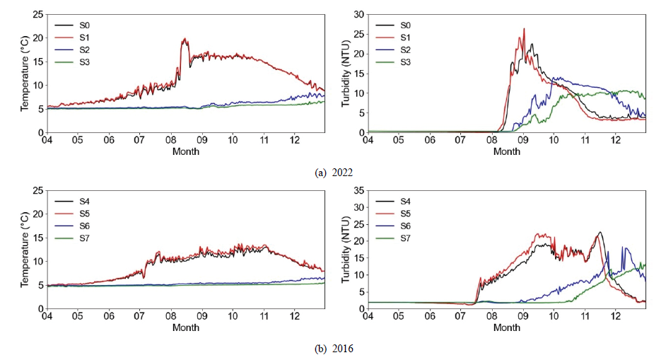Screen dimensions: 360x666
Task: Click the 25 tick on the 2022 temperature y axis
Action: pyautogui.click(x=36, y=15)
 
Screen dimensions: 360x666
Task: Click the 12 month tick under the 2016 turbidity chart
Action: pyautogui.click(x=616, y=317)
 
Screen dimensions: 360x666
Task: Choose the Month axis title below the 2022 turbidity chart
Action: pyautogui.click(x=506, y=151)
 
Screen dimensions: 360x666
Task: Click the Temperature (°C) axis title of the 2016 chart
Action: pyautogui.click(x=23, y=250)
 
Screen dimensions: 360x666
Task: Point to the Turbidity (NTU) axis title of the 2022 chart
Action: pyautogui.click(x=346, y=73)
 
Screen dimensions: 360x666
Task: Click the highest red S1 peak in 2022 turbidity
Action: pyautogui.click(x=524, y=29)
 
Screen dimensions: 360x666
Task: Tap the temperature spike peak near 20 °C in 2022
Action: pyautogui.click(x=185, y=39)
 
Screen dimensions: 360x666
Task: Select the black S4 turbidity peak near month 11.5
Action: pyautogui.click(x=600, y=232)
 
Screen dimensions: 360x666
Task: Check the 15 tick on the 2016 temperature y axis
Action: pyautogui.click(x=36, y=238)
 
